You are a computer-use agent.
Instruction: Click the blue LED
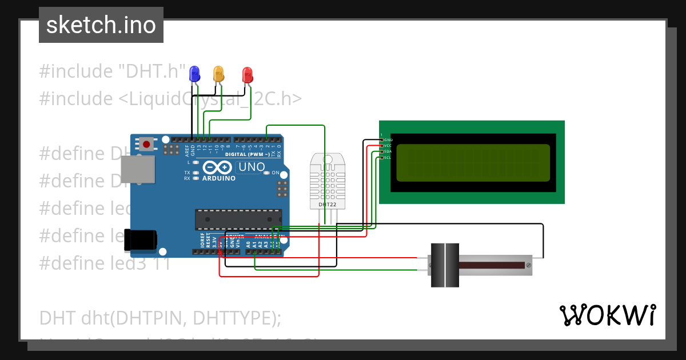194,73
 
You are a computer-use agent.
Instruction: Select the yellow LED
218,73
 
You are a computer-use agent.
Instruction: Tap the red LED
247,74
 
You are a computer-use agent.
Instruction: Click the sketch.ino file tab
101,25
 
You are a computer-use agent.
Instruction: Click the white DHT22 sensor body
328,180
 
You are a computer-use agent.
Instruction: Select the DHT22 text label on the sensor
328,204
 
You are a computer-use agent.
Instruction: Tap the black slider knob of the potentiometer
444,265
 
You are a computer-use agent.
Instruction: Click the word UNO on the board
252,167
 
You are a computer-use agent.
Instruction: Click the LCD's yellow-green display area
473,162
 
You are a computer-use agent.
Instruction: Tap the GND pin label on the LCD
388,139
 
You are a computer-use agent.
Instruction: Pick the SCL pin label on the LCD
387,158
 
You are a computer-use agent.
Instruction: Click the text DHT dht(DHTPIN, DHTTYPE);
160,318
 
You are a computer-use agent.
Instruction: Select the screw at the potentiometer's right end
528,265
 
